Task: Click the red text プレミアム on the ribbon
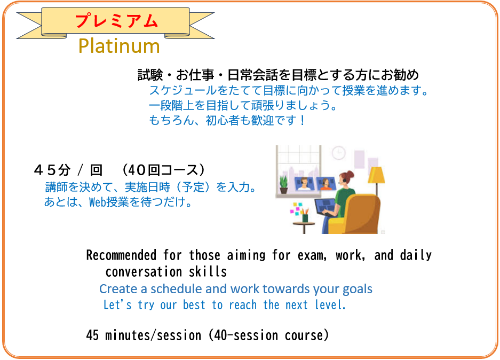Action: coord(116,20)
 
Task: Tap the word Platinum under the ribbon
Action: coord(119,45)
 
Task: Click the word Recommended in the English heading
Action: coord(121,255)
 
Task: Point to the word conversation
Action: coord(144,272)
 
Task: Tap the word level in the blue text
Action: coord(330,305)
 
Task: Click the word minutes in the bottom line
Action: coord(128,335)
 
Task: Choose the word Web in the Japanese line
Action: coord(97,202)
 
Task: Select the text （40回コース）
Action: coord(163,170)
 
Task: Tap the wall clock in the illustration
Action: coord(339,153)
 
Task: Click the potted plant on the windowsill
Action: coord(283,184)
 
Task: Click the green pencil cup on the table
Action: coord(305,218)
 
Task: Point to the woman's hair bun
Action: coord(351,174)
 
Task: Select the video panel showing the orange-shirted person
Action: coord(326,184)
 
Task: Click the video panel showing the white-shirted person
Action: coord(304,184)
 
